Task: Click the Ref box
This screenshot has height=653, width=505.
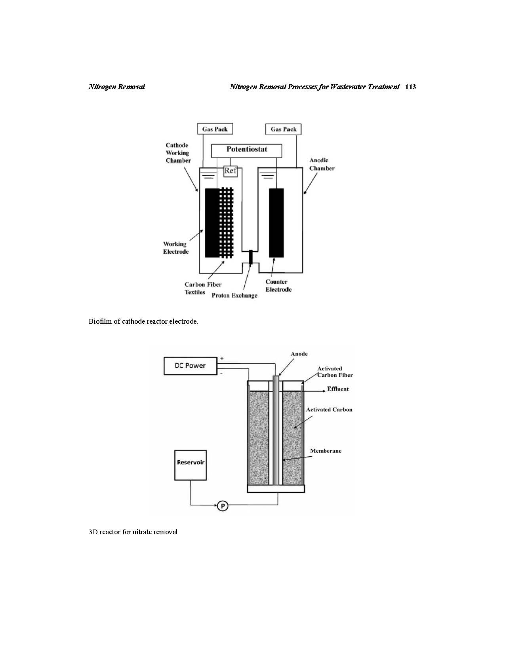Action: (231, 171)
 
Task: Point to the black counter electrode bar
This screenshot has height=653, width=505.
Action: (276, 223)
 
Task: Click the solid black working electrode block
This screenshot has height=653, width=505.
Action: (212, 223)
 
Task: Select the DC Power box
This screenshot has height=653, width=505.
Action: (190, 366)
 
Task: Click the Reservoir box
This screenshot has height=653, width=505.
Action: (191, 465)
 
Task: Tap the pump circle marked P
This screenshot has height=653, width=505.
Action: (223, 506)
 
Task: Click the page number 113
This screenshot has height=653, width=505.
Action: (410, 87)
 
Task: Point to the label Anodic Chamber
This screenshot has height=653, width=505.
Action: (322, 164)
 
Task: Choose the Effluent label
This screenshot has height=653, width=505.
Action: (338, 389)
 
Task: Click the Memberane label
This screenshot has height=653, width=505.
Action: (326, 451)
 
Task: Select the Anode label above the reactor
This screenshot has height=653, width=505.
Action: (299, 354)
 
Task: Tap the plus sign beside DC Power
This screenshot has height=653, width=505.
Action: (222, 358)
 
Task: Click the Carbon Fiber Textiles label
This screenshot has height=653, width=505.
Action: (203, 288)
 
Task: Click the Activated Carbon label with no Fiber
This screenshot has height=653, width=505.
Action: (329, 410)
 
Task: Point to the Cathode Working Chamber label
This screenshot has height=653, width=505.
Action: (178, 153)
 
